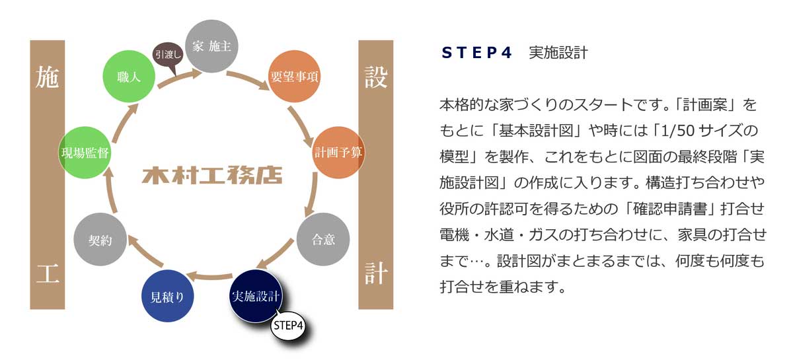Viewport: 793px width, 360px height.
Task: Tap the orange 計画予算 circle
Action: [338, 151]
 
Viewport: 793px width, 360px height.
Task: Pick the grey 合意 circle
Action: [322, 240]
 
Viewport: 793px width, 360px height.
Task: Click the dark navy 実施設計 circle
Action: [256, 297]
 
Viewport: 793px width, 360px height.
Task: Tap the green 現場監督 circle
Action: [85, 152]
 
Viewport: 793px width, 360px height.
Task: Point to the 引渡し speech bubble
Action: [169, 54]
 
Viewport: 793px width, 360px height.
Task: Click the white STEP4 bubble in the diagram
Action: [288, 326]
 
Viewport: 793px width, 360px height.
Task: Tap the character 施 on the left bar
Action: [48, 79]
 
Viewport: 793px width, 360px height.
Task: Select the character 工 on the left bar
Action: [48, 273]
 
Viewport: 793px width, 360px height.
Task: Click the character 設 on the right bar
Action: [375, 79]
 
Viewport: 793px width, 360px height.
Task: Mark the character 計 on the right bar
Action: [375, 273]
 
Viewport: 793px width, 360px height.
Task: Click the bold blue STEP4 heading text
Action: [477, 54]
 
